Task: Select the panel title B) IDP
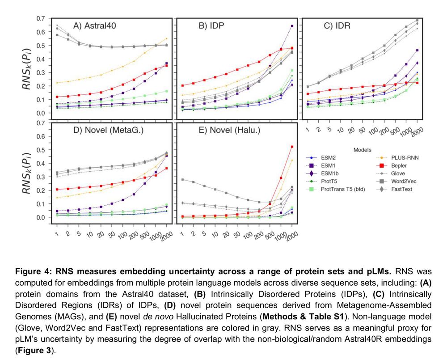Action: tap(212, 25)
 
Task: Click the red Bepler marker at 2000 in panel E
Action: tap(292, 147)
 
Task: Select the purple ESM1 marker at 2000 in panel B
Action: tap(292, 26)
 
